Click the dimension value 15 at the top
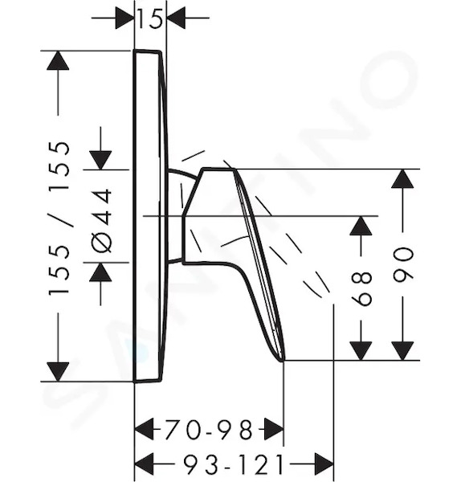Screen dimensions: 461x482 coord(149,18)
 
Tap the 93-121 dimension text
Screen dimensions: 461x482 coord(233,464)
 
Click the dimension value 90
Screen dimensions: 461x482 coord(403,263)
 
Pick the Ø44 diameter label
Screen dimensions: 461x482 coord(101,221)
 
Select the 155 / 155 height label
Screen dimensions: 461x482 coord(59,219)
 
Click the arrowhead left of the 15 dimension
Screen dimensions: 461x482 coord(125,18)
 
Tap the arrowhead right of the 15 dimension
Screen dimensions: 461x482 coord(176,18)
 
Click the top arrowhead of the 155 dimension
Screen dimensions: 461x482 coord(58,60)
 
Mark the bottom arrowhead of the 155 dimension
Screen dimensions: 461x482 coord(58,372)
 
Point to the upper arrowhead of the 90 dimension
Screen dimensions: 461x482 coord(402,179)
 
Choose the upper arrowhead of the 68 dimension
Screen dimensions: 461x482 coord(361,226)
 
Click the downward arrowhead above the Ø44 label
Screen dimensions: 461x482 coord(100,160)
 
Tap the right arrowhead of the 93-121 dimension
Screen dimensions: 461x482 coord(324,464)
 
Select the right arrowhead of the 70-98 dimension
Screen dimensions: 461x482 coord(274,428)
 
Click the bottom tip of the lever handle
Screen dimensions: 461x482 coord(282,361)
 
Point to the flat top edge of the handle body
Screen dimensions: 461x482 coord(218,169)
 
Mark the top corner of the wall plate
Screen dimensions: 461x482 coord(134,50)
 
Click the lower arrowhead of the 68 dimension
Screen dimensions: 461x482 coord(361,351)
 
